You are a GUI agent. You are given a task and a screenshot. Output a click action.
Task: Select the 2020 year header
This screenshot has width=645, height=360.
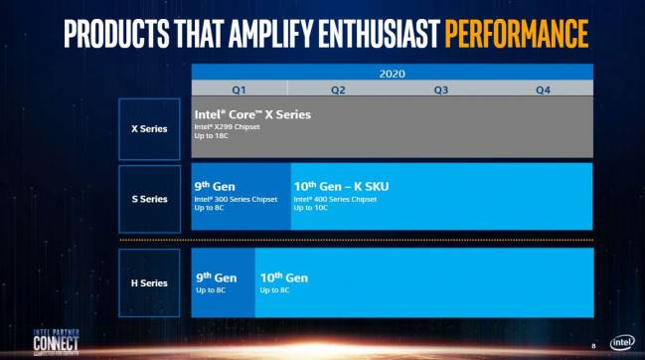[x=392, y=73]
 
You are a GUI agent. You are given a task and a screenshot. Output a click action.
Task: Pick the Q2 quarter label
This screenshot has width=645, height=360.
[x=338, y=90]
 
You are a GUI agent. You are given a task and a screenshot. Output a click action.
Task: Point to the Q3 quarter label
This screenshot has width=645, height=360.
[x=440, y=90]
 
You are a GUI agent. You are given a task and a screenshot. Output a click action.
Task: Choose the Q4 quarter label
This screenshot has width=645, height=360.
[x=543, y=90]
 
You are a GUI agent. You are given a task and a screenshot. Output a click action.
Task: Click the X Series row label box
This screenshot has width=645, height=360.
[x=149, y=129]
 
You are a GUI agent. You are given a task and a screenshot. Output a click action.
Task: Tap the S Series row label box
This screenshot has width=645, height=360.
[x=149, y=198]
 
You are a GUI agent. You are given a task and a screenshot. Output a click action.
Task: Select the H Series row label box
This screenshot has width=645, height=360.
[x=149, y=282]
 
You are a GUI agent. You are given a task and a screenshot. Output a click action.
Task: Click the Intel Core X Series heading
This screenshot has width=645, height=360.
[x=252, y=114]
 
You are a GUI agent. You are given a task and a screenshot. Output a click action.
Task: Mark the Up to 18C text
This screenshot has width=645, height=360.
[x=213, y=135]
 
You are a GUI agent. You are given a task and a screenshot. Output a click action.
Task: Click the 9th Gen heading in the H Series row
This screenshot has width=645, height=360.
[x=213, y=275]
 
